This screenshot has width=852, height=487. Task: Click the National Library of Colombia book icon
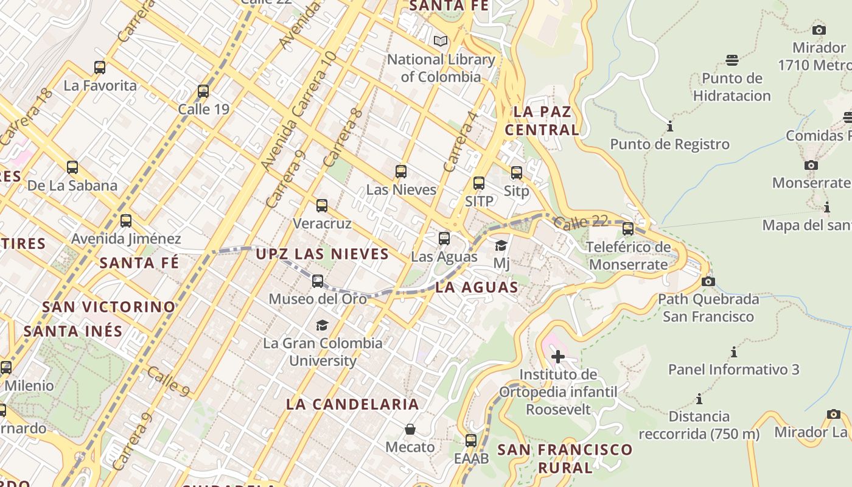tap(441, 41)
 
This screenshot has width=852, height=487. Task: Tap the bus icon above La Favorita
tap(100, 67)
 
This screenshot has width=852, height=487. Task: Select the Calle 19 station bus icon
tap(203, 91)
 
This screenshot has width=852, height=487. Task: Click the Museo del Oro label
tap(318, 299)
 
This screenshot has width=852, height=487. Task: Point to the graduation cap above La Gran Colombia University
tap(322, 326)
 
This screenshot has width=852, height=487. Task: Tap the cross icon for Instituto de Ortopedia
tap(557, 357)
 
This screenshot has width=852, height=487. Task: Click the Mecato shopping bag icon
tap(410, 430)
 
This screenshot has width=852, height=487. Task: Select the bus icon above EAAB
tap(470, 441)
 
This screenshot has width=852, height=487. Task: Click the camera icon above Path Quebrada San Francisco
tap(708, 281)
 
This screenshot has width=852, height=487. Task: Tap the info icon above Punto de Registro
tap(670, 127)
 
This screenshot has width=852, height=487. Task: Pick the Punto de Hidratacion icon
tap(732, 60)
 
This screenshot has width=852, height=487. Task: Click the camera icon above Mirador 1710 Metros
tap(819, 30)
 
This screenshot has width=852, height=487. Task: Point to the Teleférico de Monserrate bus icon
tap(628, 229)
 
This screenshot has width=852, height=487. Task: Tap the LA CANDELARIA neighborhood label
tap(352, 404)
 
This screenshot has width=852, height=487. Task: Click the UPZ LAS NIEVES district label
tap(322, 254)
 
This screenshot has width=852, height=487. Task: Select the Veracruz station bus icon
tap(322, 206)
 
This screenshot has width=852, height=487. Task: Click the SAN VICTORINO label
tap(109, 307)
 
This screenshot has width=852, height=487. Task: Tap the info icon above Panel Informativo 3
tap(733, 352)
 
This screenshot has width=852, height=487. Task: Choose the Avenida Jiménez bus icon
tap(126, 221)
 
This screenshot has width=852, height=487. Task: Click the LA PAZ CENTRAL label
tap(542, 121)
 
